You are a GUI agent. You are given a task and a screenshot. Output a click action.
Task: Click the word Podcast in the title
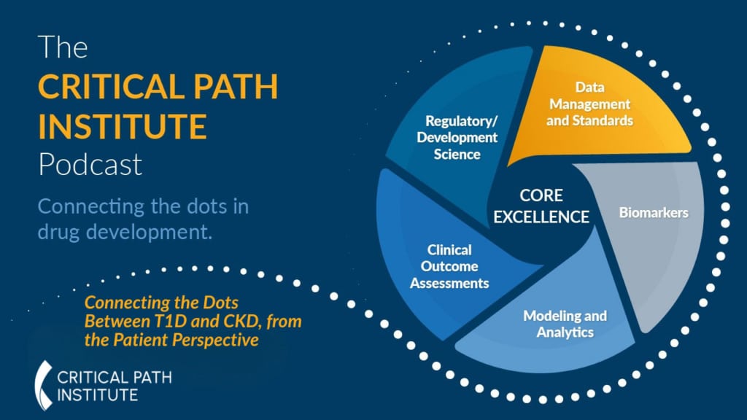point(90,164)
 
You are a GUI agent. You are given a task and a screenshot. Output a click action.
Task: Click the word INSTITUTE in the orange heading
point(123,126)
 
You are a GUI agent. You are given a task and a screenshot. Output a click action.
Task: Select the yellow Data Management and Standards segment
point(598,107)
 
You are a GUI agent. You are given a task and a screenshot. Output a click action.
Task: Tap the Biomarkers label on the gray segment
point(654,212)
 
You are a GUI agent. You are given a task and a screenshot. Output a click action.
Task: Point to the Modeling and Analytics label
point(565,324)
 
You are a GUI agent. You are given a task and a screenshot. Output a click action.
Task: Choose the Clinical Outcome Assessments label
point(449,266)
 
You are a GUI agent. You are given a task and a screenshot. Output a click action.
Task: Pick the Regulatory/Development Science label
point(457,137)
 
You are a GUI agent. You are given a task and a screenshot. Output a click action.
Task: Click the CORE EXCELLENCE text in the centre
point(541,206)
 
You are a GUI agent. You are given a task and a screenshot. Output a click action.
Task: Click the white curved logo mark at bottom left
point(43,385)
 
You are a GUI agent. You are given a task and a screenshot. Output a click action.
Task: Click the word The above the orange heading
point(63,47)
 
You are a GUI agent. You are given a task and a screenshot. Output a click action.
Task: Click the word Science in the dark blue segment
point(457,155)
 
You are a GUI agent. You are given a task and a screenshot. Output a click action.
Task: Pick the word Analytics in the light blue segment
point(565,332)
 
